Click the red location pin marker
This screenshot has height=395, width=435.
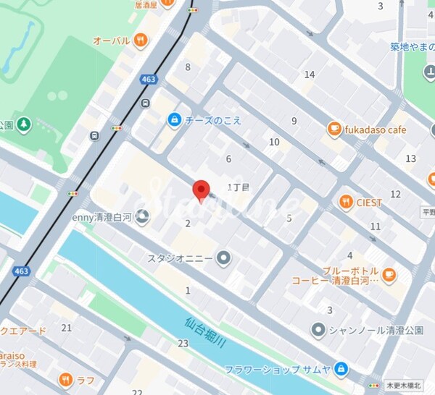click(202, 190)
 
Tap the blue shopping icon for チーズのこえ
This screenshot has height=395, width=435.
click(174, 119)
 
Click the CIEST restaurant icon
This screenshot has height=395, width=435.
click(346, 203)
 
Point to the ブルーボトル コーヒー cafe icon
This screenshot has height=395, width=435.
click(389, 273)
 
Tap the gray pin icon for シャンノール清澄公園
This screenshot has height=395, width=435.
click(318, 331)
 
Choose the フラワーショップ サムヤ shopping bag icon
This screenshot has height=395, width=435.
click(342, 370)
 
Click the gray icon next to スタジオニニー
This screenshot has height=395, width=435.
click(223, 258)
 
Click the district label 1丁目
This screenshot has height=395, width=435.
click(238, 187)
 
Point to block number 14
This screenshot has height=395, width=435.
click(310, 75)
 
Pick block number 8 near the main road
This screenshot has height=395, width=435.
click(188, 67)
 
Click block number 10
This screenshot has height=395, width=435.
click(273, 142)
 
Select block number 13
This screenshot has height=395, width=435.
click(410, 158)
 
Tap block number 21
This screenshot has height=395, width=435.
click(67, 328)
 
